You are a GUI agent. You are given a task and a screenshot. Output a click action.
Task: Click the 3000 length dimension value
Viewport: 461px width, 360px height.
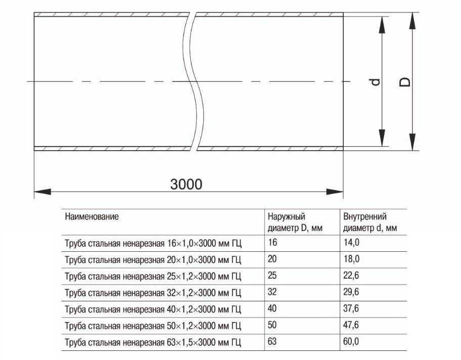click(187, 184)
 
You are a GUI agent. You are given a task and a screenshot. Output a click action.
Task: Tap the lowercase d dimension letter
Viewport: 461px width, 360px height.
click(376, 82)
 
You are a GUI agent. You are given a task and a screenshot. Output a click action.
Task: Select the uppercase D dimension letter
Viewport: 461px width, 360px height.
click(405, 82)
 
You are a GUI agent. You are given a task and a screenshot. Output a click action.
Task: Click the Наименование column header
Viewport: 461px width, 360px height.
click(91, 217)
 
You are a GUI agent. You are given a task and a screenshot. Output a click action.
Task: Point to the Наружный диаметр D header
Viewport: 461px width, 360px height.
click(295, 222)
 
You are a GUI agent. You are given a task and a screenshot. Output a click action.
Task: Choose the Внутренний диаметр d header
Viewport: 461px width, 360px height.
click(370, 222)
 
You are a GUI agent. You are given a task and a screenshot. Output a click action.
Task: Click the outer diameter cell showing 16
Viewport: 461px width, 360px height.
click(272, 243)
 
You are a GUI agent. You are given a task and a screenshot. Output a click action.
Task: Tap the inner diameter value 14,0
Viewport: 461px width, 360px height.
click(351, 243)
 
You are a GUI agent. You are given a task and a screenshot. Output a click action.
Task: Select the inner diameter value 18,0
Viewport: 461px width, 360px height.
click(351, 259)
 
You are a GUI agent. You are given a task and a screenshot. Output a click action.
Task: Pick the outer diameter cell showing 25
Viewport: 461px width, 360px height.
click(272, 276)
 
